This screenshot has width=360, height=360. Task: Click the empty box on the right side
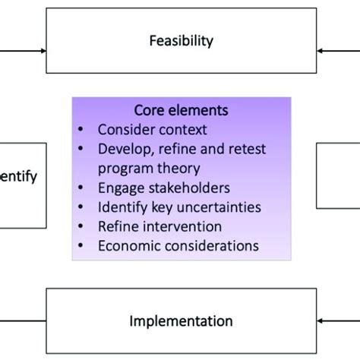340,176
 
